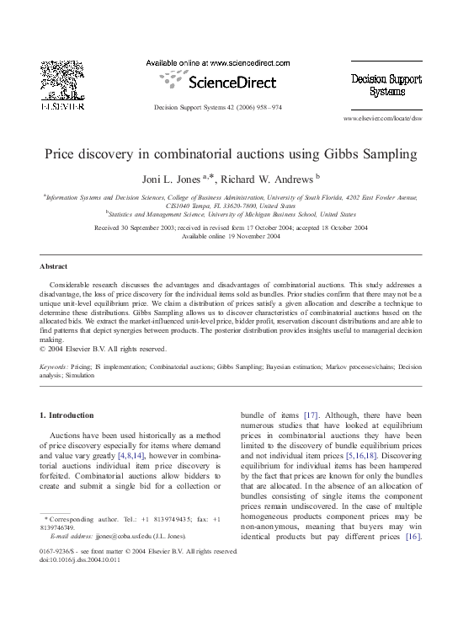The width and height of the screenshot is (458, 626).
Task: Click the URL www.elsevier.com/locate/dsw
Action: point(382,120)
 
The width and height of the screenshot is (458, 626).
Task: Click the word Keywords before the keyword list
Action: point(55,368)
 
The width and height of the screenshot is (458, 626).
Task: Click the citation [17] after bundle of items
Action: point(311,415)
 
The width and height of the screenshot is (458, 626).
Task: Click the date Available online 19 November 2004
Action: point(231,236)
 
